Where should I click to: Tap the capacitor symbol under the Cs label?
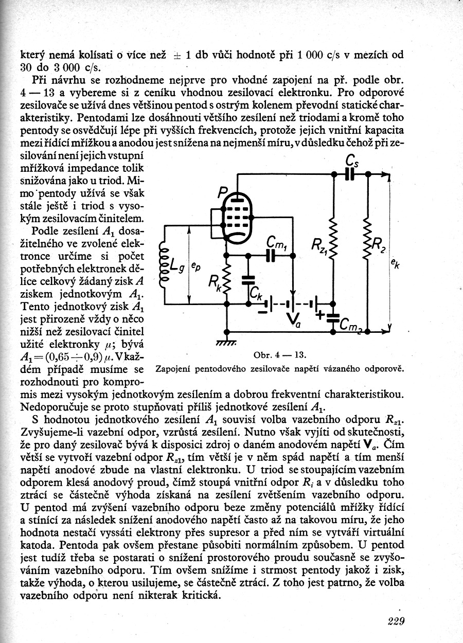click(x=350, y=175)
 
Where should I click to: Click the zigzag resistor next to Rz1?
click(x=333, y=238)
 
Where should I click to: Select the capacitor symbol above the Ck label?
click(x=248, y=280)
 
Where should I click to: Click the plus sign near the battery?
click(x=321, y=314)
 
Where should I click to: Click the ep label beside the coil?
click(x=196, y=266)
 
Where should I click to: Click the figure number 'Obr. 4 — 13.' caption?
click(x=280, y=355)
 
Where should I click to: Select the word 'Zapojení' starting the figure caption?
click(x=173, y=369)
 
